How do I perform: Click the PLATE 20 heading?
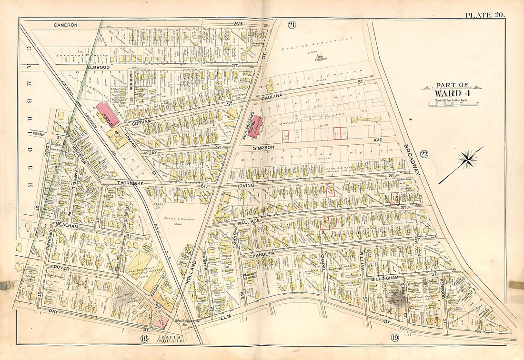[485, 15]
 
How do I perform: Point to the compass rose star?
[467, 160]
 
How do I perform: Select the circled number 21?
[292, 25]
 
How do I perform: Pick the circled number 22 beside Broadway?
[424, 153]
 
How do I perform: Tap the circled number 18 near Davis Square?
[144, 339]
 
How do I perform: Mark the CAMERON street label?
[66, 24]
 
